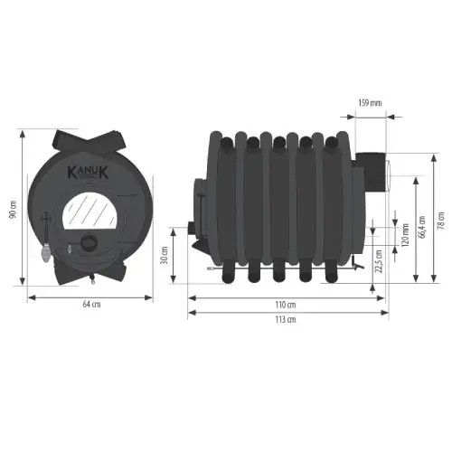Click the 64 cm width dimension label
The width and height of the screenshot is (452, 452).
(91, 304)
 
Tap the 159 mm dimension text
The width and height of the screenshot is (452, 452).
(370, 103)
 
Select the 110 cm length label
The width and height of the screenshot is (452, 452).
(286, 305)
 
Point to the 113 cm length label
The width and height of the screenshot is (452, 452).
(286, 319)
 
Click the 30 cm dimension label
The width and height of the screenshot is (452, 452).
(165, 255)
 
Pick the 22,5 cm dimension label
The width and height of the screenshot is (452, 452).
(379, 261)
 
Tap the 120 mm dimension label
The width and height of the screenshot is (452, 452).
(405, 235)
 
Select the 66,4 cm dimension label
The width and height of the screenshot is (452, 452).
(422, 227)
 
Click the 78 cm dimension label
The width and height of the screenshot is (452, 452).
(441, 221)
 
